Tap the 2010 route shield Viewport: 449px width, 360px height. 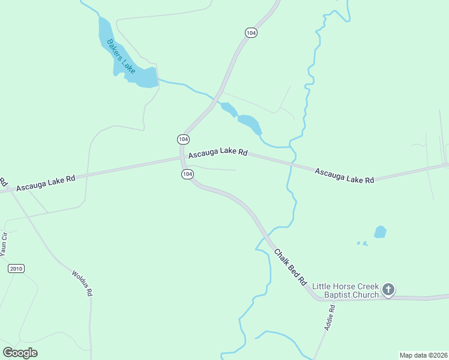[16, 268]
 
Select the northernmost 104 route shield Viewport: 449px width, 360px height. [251, 33]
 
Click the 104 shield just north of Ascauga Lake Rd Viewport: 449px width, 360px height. [183, 139]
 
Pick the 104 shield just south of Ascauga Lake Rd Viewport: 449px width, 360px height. [187, 174]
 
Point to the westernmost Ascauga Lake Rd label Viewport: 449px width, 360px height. [46, 183]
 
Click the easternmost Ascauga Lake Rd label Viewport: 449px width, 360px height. [345, 176]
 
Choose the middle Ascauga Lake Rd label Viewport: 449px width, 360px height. [218, 153]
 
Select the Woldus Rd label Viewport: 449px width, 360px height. [82, 283]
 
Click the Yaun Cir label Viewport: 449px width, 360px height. [5, 244]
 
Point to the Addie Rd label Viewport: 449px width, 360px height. [329, 317]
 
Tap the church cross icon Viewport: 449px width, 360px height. [388, 290]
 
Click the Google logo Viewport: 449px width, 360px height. [20, 352]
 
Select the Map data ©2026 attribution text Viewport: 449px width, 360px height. [423, 355]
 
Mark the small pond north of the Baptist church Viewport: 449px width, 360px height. [380, 232]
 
